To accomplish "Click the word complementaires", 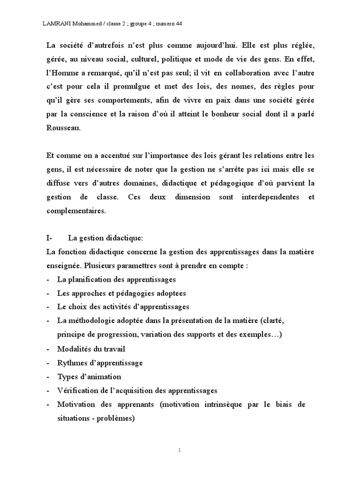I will (76, 210).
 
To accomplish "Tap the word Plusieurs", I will (101, 266).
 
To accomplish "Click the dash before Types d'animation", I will (49, 377).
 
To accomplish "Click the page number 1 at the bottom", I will (180, 450).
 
